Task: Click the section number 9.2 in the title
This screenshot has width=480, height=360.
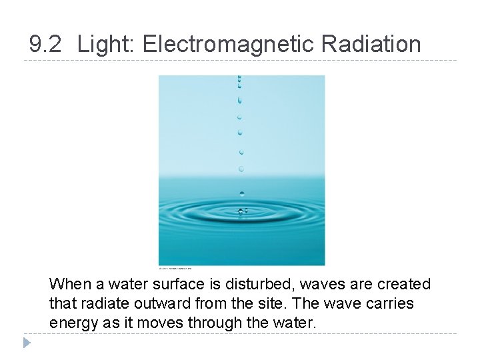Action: click(46, 45)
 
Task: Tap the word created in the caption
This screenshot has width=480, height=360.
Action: click(403, 285)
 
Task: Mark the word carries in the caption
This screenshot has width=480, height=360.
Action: click(389, 304)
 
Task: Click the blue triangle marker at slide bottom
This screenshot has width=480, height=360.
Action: click(26, 343)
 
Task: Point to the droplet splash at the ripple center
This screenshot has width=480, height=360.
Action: click(241, 212)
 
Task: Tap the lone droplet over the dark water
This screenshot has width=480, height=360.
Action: click(241, 193)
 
